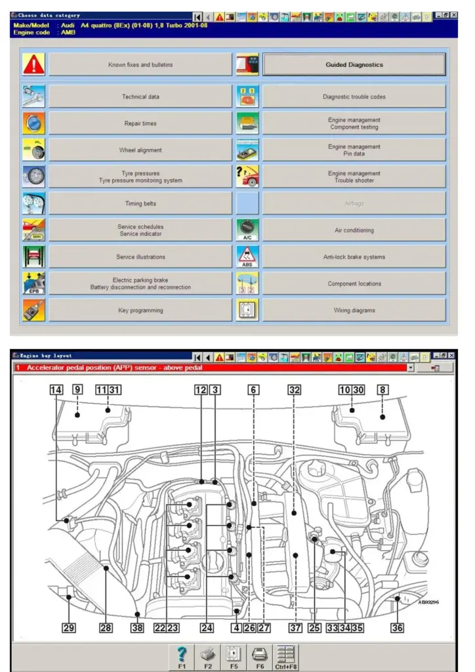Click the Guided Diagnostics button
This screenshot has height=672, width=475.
(x=354, y=65)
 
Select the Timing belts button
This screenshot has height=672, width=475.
(x=140, y=203)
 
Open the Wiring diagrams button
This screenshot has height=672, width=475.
(x=354, y=310)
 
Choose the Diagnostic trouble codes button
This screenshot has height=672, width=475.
(x=354, y=96)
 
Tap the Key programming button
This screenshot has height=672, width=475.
(x=140, y=310)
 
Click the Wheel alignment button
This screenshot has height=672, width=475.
(x=140, y=150)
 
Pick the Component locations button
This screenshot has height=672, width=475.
(x=354, y=283)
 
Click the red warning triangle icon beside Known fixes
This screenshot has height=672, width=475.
(x=33, y=65)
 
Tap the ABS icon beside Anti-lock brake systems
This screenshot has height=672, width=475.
(x=247, y=257)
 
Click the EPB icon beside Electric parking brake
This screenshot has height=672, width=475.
(x=33, y=283)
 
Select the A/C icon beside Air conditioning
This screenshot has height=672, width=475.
(x=247, y=230)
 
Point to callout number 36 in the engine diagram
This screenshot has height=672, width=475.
(x=397, y=628)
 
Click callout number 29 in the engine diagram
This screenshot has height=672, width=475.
(x=69, y=628)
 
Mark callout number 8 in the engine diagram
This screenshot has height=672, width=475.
(x=382, y=390)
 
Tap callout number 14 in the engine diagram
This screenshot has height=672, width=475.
(x=56, y=390)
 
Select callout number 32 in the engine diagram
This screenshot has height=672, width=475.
(x=295, y=390)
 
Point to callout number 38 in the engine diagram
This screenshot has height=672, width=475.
(x=137, y=628)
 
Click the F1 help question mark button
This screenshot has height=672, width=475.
(x=183, y=654)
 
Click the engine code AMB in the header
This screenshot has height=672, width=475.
(x=68, y=32)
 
